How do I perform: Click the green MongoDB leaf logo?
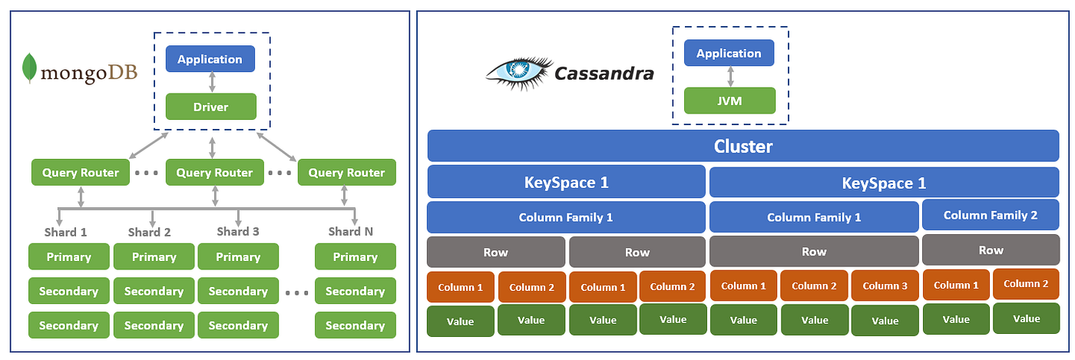tap(30, 68)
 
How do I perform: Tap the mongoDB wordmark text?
tap(88, 74)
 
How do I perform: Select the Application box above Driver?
tap(210, 59)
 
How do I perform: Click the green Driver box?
tap(210, 106)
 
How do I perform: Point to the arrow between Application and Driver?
tap(210, 83)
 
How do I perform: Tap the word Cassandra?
tap(604, 74)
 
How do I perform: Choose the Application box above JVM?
tap(729, 53)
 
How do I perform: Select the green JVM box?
tap(729, 101)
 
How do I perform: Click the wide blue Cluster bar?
tap(743, 146)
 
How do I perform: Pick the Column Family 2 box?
tap(991, 215)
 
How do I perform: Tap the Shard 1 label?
tap(65, 232)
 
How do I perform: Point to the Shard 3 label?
tap(238, 231)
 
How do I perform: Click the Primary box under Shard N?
tap(355, 257)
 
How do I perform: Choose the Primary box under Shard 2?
tap(154, 257)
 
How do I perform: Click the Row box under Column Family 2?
tap(991, 250)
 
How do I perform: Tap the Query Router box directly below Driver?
tap(214, 173)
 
